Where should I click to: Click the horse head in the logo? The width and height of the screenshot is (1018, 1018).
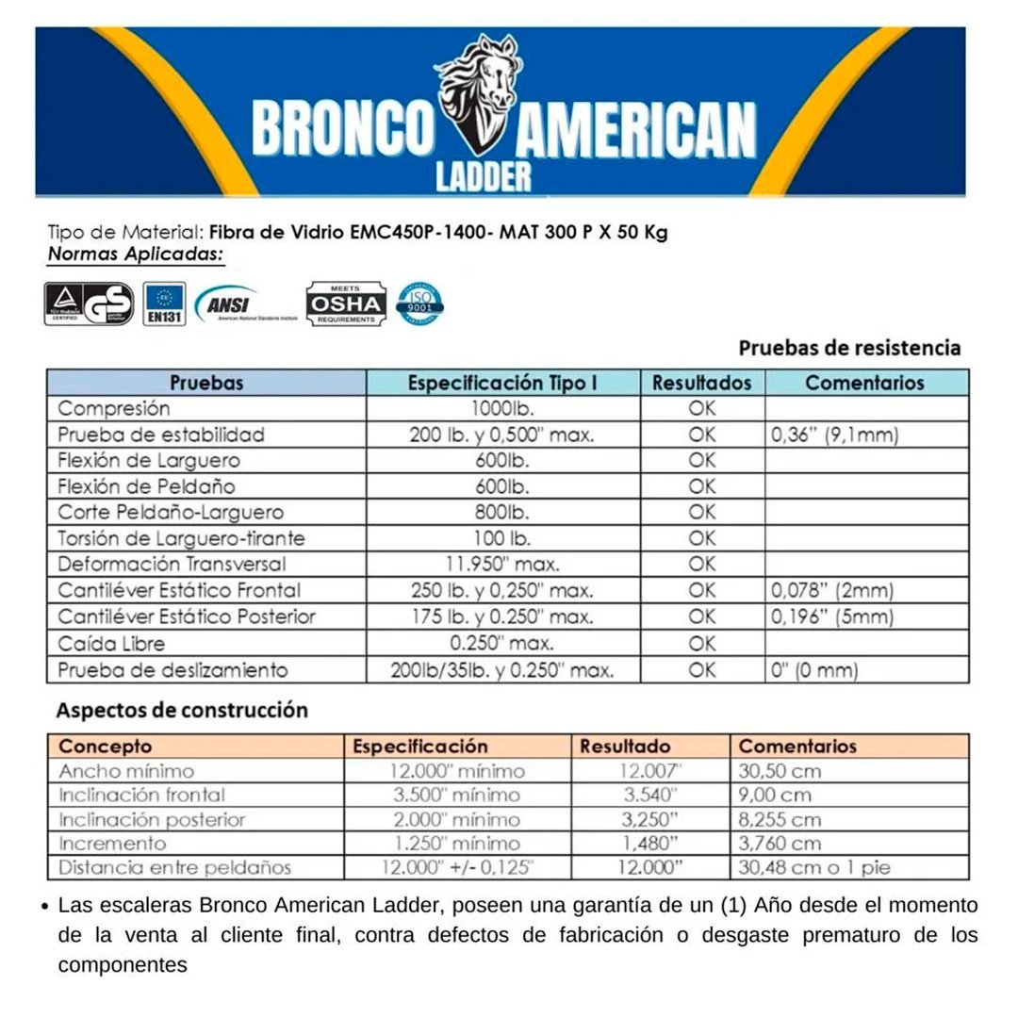click(477, 79)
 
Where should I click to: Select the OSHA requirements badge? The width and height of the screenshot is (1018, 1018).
click(346, 304)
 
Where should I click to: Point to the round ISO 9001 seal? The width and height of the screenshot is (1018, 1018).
click(419, 303)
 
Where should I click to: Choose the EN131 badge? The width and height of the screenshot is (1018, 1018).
click(164, 304)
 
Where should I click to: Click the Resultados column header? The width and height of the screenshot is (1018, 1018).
click(701, 383)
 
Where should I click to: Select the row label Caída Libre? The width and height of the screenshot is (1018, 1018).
click(111, 644)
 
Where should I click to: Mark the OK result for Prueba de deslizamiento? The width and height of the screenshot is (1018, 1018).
click(701, 670)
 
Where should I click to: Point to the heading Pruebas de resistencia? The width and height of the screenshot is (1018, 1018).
click(849, 348)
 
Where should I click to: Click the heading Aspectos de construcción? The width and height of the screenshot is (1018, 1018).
click(182, 710)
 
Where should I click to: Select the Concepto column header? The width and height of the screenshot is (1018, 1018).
click(106, 747)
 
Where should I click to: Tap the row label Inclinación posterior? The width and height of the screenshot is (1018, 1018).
click(152, 819)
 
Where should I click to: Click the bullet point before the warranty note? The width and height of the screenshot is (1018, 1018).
click(45, 907)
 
